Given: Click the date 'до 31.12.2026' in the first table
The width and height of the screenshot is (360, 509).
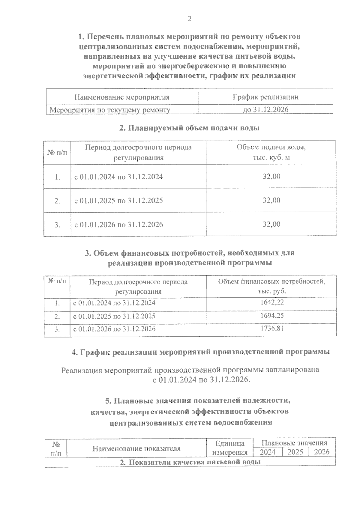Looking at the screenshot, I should (265, 110).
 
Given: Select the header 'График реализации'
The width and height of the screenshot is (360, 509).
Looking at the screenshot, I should (265, 97).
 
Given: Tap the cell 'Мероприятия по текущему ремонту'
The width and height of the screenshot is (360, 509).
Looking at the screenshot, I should (110, 110).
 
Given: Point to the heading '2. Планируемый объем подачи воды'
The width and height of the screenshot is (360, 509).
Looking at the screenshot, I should (189, 128).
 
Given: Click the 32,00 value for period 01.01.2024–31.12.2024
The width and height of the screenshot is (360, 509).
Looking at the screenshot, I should (271, 176).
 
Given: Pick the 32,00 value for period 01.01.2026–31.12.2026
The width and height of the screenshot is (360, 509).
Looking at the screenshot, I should (271, 224).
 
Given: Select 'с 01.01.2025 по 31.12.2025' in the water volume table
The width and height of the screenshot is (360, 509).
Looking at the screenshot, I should (118, 200).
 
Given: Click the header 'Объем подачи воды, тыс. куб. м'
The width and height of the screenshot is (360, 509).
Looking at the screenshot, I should (271, 152).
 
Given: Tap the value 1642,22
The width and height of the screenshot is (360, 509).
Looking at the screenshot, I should (272, 302).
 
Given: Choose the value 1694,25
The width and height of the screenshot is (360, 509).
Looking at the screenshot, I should (272, 316).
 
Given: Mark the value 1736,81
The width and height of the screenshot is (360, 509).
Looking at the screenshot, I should (272, 329).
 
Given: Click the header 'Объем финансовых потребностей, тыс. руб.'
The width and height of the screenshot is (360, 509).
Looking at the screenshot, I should (271, 286).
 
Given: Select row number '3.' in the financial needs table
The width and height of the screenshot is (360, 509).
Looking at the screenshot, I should (57, 329).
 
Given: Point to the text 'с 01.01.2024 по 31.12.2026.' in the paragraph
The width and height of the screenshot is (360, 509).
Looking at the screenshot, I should (201, 380).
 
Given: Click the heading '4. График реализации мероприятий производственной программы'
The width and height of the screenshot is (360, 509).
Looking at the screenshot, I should (200, 352).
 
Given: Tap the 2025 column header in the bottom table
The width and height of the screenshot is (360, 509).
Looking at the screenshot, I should (295, 452).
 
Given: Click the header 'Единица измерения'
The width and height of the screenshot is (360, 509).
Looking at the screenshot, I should (230, 448).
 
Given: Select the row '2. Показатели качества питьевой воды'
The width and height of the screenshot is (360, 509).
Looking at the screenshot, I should (190, 462).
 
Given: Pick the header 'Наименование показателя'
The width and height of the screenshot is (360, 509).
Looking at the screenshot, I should (136, 448).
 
